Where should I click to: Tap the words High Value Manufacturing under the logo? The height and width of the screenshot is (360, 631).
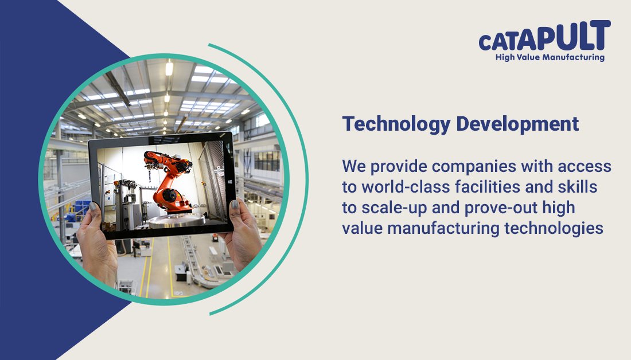pyautogui.click(x=550, y=57)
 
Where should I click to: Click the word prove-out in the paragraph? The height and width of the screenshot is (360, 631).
pyautogui.click(x=490, y=208)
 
